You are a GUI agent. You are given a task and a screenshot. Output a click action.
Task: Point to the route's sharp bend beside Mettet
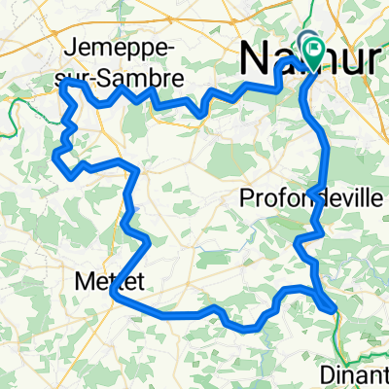[x=115, y=291]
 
